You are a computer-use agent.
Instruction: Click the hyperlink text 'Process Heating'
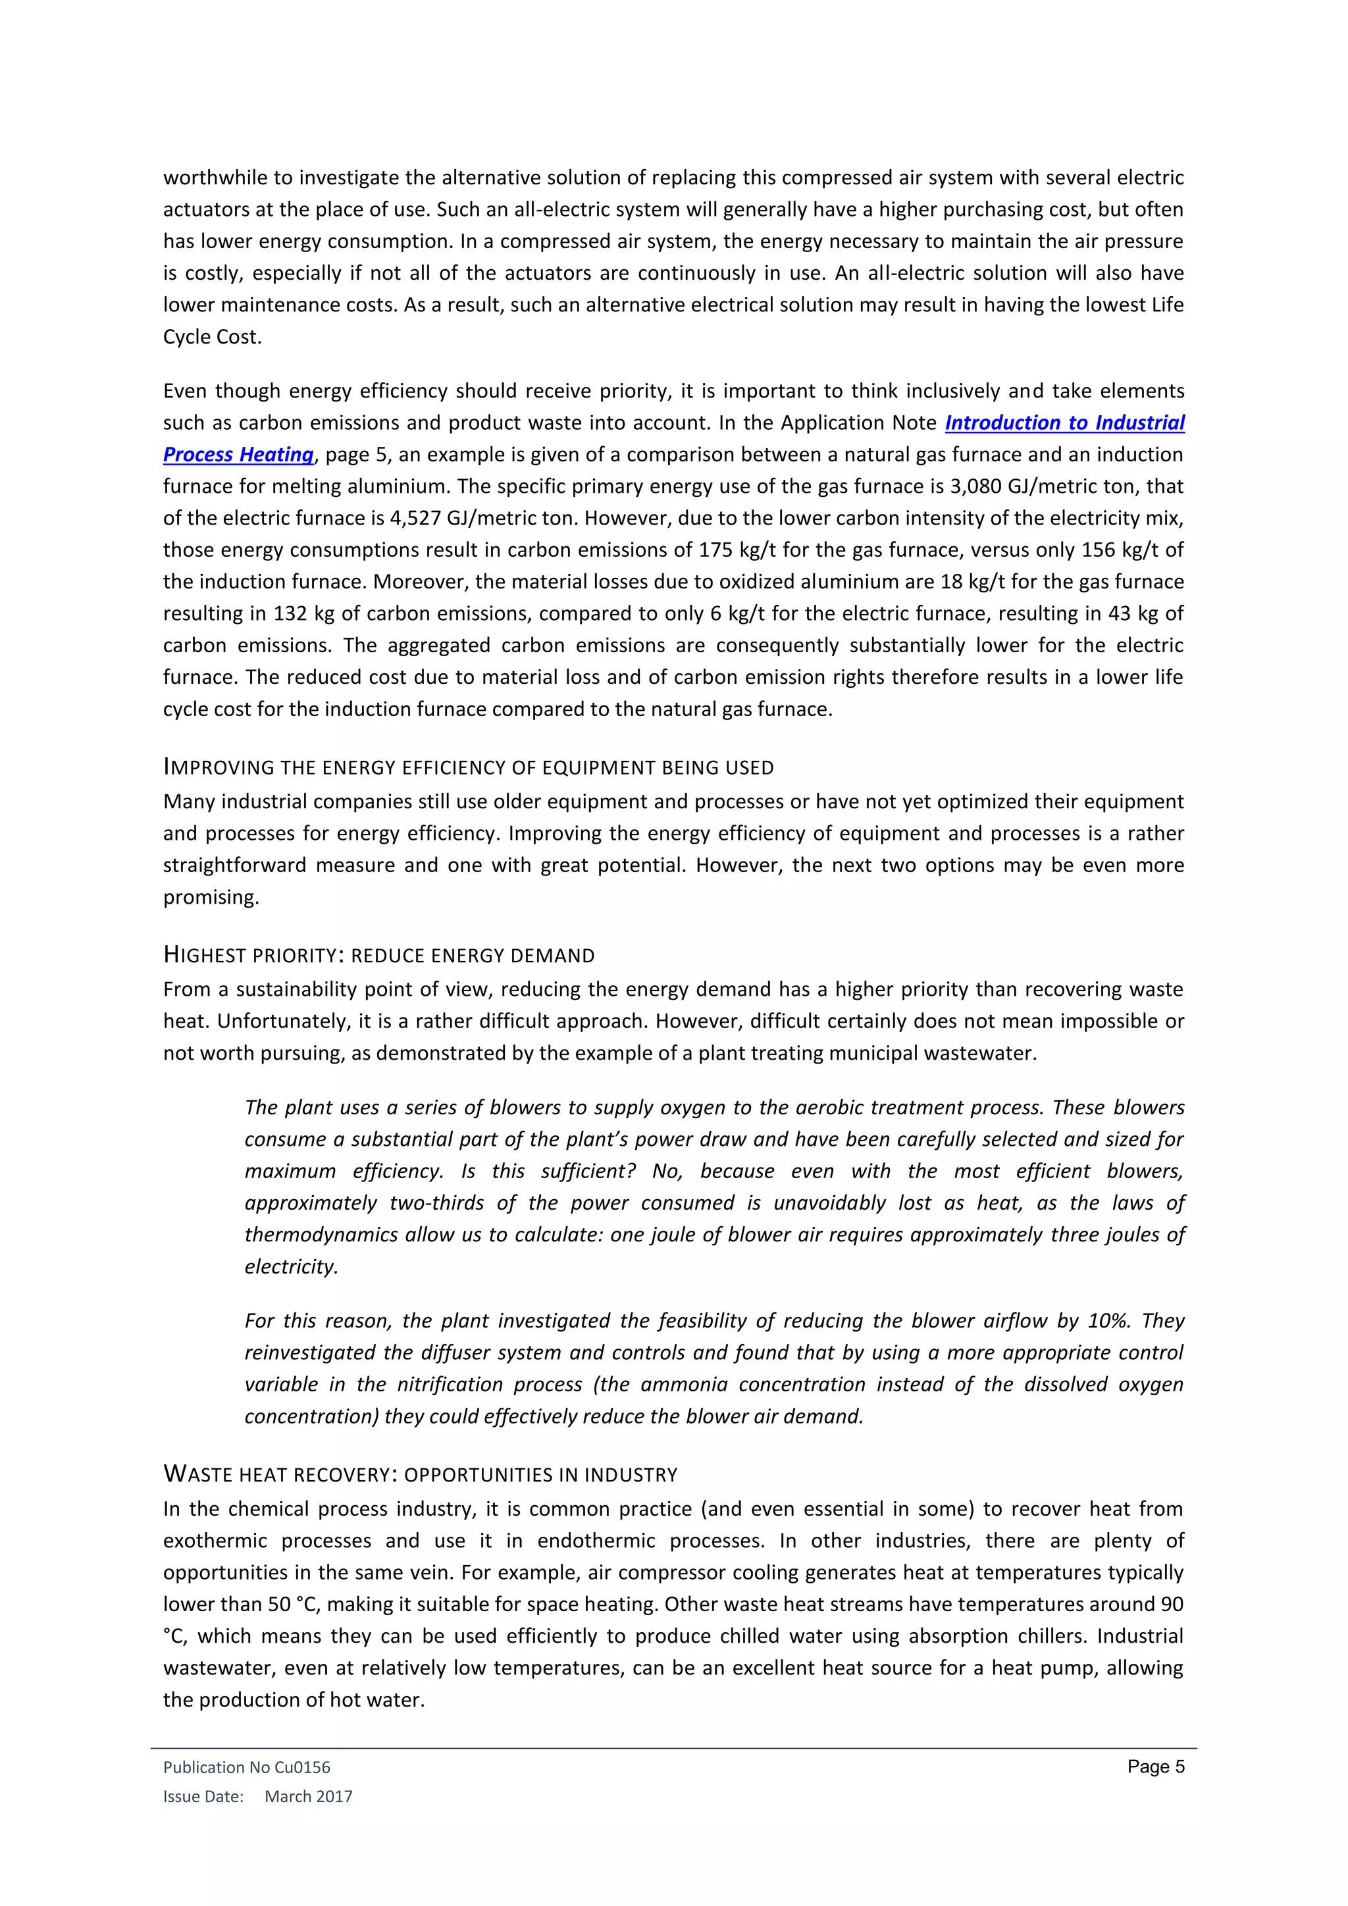[238, 455]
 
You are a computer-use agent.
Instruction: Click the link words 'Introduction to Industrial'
[1064, 423]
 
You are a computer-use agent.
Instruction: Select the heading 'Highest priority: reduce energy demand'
[378, 956]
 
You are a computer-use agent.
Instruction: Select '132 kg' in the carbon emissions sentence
[299, 613]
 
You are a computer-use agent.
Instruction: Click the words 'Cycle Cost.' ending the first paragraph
[213, 337]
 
